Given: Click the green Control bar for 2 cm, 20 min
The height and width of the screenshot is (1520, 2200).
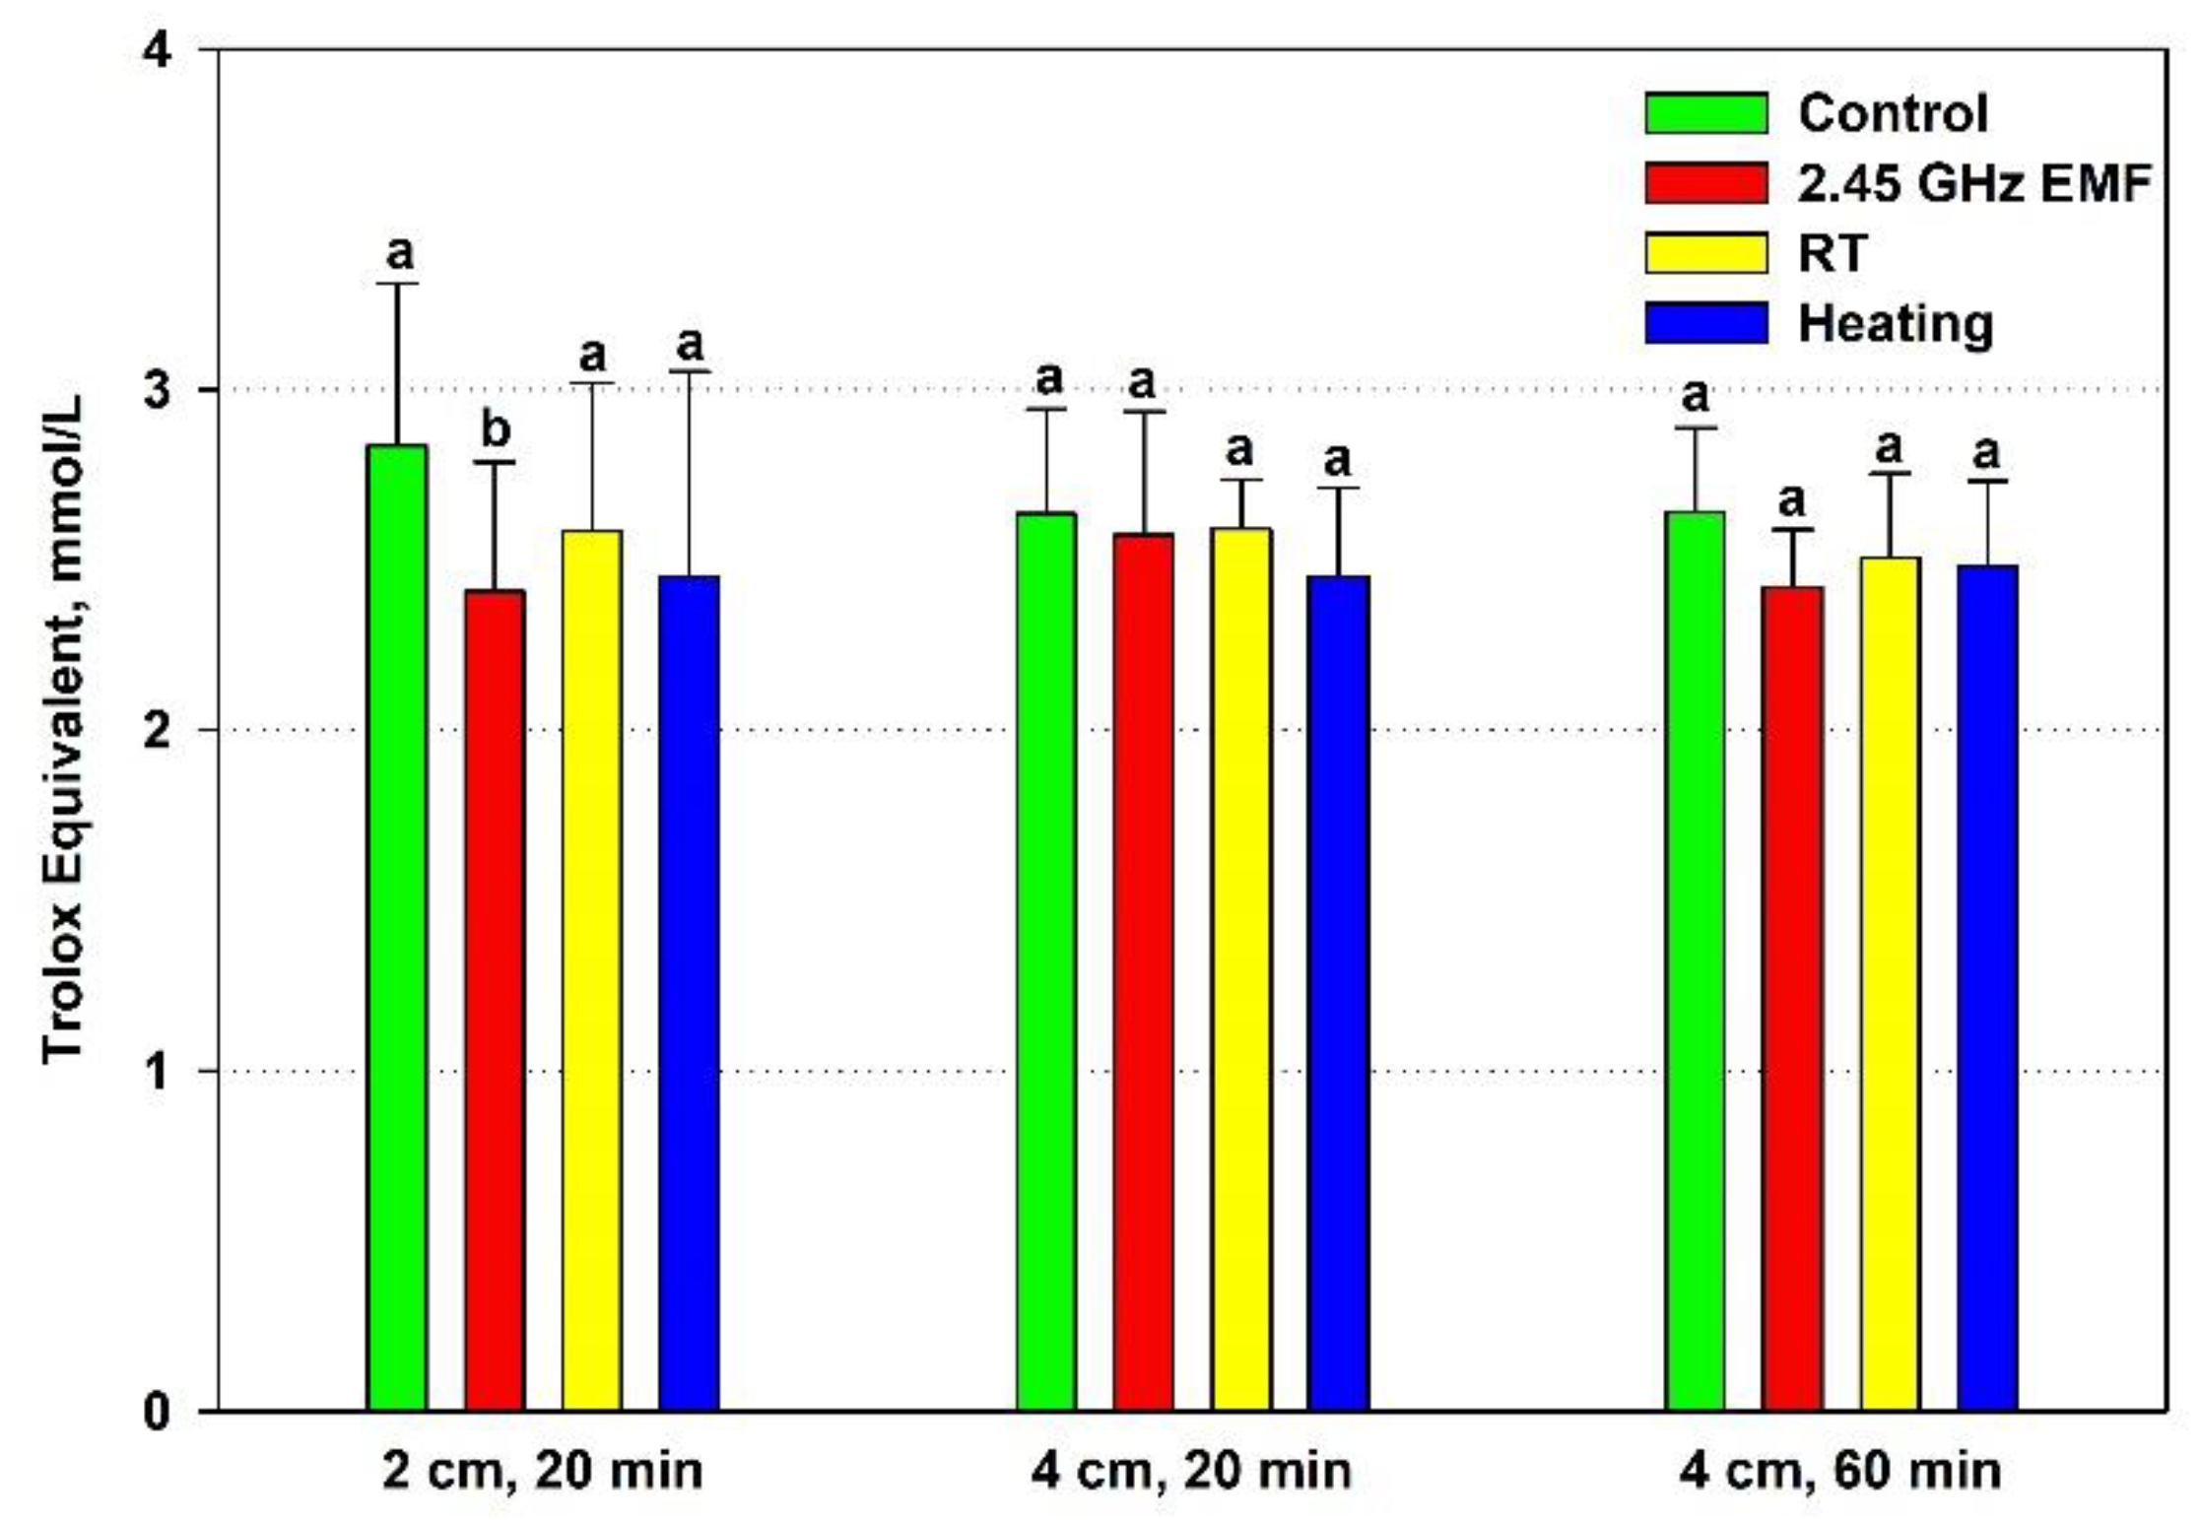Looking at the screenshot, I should pyautogui.click(x=397, y=926).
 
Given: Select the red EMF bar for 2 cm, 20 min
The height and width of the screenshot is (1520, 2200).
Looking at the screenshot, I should pyautogui.click(x=495, y=1000).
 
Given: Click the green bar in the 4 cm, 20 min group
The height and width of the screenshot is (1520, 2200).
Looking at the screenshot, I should pyautogui.click(x=1046, y=960).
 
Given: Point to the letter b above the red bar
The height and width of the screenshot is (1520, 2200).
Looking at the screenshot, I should pyautogui.click(x=496, y=430).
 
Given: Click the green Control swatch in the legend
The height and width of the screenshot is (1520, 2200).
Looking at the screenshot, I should pyautogui.click(x=1706, y=113).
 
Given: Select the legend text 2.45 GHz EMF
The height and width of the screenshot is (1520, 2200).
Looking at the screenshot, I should pyautogui.click(x=1974, y=183).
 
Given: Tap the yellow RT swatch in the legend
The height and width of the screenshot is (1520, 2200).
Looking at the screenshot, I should pyautogui.click(x=1706, y=253).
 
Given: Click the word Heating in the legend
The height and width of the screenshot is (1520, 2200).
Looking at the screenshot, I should pyautogui.click(x=1896, y=324).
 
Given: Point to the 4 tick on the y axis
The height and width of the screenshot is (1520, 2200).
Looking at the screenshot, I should pyautogui.click(x=157, y=49).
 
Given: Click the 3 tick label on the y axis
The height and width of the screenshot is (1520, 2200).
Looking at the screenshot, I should pyautogui.click(x=157, y=390).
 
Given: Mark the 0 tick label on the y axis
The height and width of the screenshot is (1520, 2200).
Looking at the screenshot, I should pyautogui.click(x=157, y=1411).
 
